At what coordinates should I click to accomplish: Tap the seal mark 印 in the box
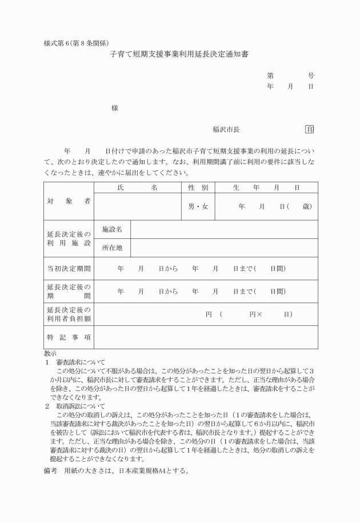click(310, 130)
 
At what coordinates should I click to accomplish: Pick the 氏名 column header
click(137, 187)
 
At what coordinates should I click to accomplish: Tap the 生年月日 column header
click(266, 187)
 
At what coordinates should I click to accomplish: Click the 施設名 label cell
click(113, 229)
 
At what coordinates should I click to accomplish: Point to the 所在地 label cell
click(113, 248)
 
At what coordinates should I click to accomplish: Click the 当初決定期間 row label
click(69, 268)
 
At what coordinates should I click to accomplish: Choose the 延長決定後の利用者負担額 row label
click(69, 314)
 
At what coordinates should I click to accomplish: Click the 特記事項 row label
click(69, 337)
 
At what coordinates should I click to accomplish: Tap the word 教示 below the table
click(50, 354)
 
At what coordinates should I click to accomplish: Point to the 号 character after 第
click(310, 75)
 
